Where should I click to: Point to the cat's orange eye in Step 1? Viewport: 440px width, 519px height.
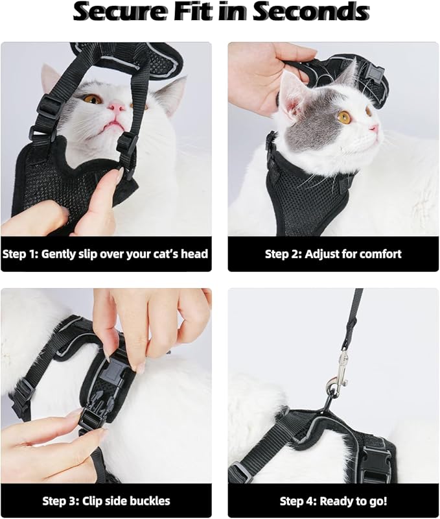pyautogui.click(x=92, y=99)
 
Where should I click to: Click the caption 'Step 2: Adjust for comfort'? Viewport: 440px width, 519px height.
pyautogui.click(x=333, y=254)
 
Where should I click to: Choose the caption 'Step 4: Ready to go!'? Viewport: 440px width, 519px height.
pyautogui.click(x=333, y=501)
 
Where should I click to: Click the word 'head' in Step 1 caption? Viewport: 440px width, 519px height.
pyautogui.click(x=193, y=254)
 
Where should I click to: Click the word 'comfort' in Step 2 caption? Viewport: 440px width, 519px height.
pyautogui.click(x=378, y=254)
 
